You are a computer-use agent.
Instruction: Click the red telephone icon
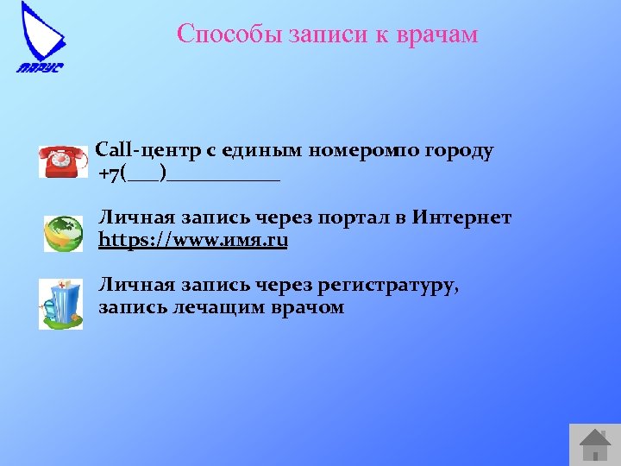coord(63,161)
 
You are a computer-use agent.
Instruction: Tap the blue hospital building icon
coord(61,305)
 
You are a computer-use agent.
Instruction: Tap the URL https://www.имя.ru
coord(193,241)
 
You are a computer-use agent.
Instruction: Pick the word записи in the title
coord(320,34)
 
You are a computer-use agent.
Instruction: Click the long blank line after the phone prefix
coord(224,176)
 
